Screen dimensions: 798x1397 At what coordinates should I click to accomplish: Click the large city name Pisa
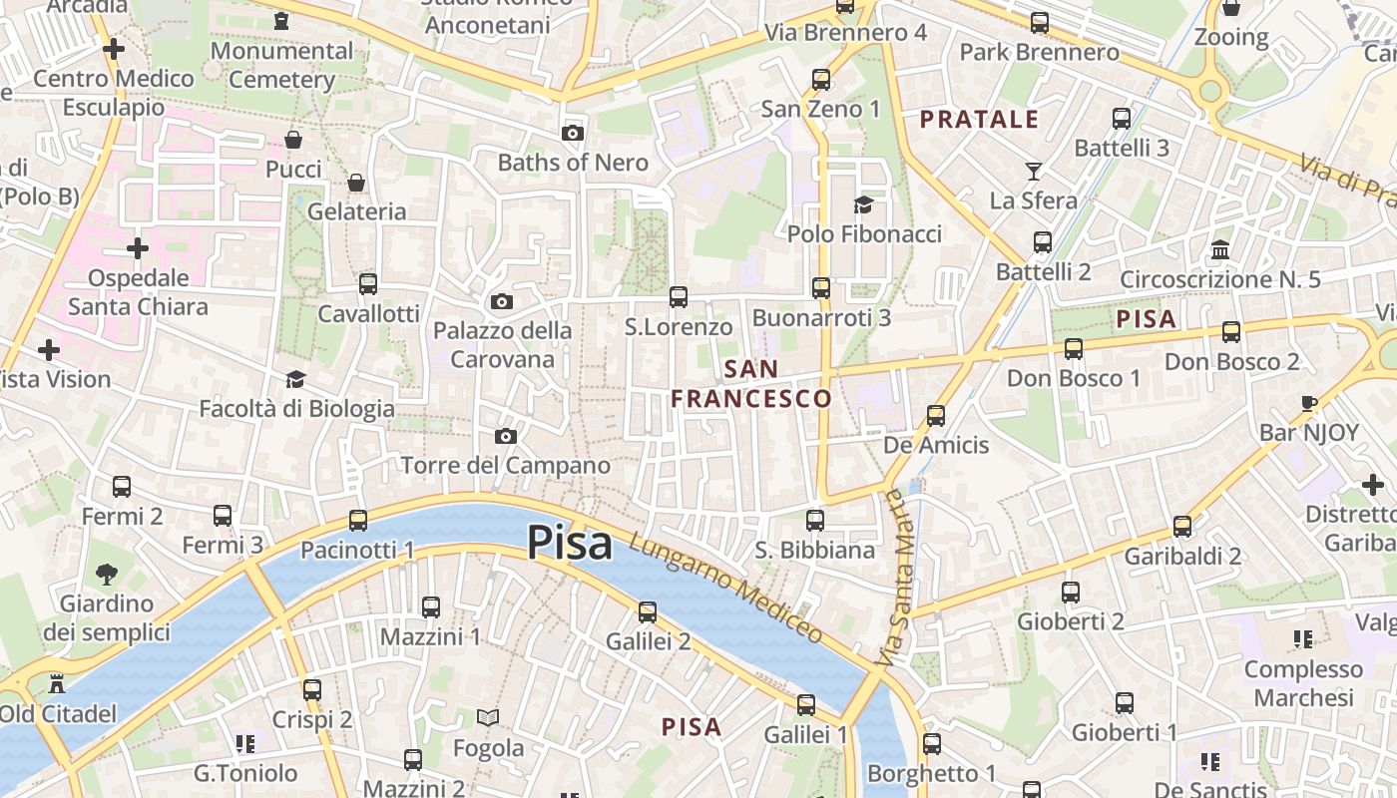[569, 543]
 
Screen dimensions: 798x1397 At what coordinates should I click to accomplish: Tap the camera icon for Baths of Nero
[572, 133]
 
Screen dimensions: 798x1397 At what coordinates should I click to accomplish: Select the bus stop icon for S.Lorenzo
[679, 296]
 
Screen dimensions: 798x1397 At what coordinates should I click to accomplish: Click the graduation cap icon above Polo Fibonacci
[863, 204]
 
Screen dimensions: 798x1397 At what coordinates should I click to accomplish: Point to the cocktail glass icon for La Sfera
[1034, 172]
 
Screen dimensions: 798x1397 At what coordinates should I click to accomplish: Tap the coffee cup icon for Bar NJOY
[1309, 403]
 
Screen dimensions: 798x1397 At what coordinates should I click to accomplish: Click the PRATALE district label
[979, 120]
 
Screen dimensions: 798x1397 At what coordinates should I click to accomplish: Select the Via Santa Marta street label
[893, 579]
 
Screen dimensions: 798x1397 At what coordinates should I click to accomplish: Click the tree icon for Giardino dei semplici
[106, 574]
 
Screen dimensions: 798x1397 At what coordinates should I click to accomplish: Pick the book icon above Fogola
[488, 718]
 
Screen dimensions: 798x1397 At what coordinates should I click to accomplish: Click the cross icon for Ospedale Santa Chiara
[138, 247]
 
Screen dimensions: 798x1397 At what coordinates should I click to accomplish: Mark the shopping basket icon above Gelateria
[356, 183]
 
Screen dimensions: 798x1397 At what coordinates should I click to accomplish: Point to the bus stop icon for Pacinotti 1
[357, 520]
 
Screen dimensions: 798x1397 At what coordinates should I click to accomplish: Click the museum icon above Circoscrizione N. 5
[1219, 249]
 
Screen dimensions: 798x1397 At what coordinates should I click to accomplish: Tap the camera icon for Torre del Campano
[506, 436]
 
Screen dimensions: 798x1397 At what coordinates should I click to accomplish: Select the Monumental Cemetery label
[282, 65]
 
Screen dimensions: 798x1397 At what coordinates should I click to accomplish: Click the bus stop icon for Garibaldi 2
[1182, 526]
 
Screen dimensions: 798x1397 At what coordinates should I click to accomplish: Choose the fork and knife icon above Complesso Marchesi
[1302, 638]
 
